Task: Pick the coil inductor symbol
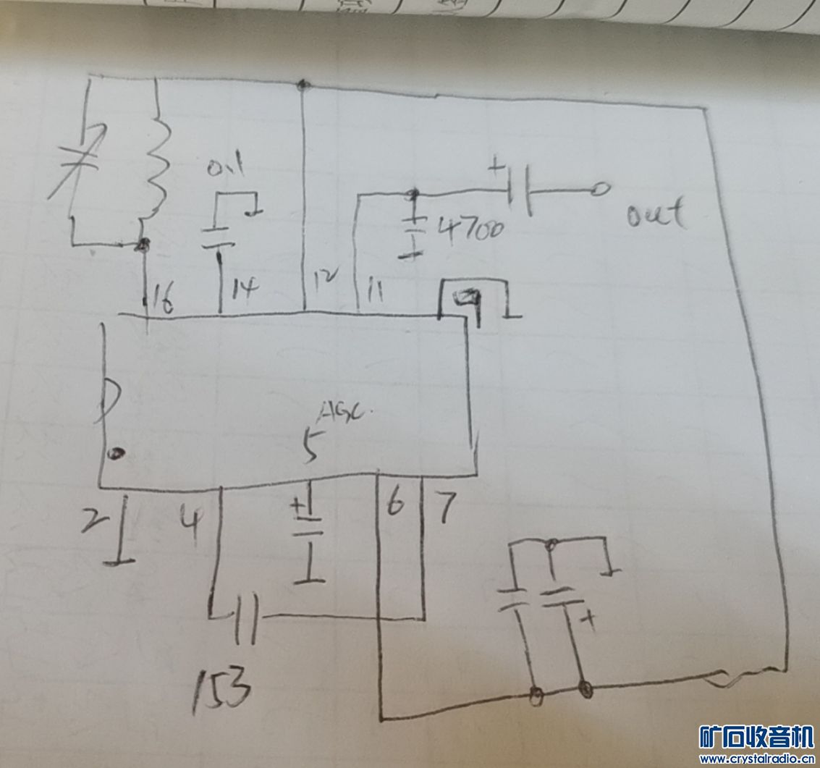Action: pos(158,166)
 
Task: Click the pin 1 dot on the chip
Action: pos(115,454)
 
